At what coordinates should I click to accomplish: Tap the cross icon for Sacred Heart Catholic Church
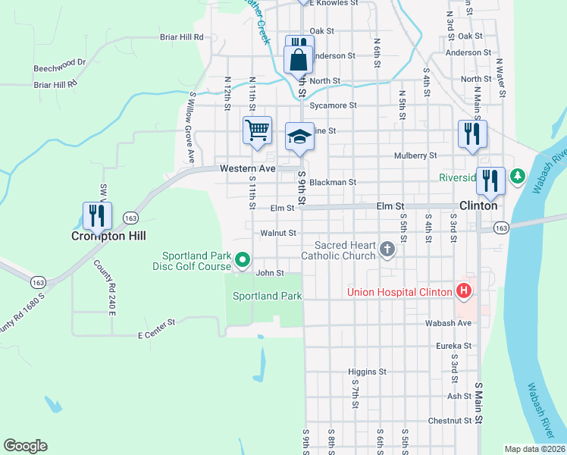[x=387, y=249]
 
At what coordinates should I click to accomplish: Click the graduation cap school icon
[x=299, y=136]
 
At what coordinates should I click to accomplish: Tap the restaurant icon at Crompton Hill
[x=97, y=215]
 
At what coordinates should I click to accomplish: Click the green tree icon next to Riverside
[x=518, y=177]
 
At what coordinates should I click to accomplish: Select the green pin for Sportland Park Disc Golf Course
[x=243, y=260]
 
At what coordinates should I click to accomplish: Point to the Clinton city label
[x=478, y=206]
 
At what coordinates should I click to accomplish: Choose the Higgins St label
[x=367, y=372]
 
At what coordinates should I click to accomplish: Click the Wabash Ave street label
[x=453, y=323]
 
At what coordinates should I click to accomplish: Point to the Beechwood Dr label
[x=60, y=67]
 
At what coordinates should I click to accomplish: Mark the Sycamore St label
[x=337, y=105]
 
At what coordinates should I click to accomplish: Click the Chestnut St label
[x=450, y=420]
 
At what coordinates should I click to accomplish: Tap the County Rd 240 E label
[x=102, y=287]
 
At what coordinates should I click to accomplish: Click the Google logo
[x=25, y=446]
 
